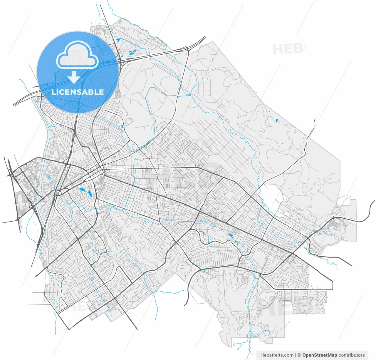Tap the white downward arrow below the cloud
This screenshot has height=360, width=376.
coord(74,77)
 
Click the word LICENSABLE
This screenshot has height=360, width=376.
coord(78,92)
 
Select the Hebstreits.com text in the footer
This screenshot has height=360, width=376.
coord(277,355)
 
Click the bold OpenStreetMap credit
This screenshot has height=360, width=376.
coord(320,355)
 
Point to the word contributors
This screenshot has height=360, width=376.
coord(352,355)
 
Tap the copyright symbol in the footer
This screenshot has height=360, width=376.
coord(299,355)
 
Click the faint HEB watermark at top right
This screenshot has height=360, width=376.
coord(288,49)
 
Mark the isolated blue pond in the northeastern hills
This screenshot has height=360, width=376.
coord(276,120)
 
